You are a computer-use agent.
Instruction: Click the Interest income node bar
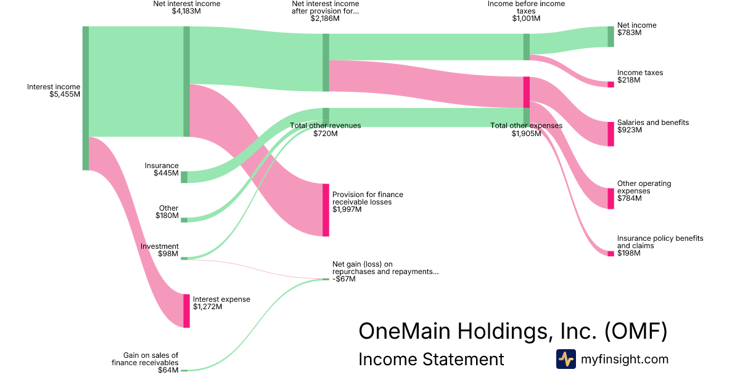coord(86,98)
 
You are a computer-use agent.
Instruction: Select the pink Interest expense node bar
coord(186,310)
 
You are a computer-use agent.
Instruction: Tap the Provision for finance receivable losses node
coord(326,209)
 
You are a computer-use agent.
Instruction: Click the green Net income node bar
coord(610,36)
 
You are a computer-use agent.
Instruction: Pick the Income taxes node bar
coord(610,84)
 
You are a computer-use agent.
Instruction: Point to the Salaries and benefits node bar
coord(610,134)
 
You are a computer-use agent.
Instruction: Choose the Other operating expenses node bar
coord(610,198)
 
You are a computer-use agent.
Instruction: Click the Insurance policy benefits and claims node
coord(610,253)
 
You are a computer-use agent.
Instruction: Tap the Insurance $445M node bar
coord(184,177)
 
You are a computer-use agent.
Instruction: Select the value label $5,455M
coord(65,94)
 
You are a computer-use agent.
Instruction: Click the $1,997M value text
coord(347,209)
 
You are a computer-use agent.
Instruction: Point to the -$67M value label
coord(344,279)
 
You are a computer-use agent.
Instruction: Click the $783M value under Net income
coord(630,33)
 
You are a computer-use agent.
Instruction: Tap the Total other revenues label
coord(326,126)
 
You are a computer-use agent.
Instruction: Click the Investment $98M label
coord(160,250)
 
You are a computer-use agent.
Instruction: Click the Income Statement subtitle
coord(431,359)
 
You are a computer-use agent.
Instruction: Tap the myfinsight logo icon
coord(565,359)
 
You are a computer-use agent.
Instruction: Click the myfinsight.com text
coord(625,359)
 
